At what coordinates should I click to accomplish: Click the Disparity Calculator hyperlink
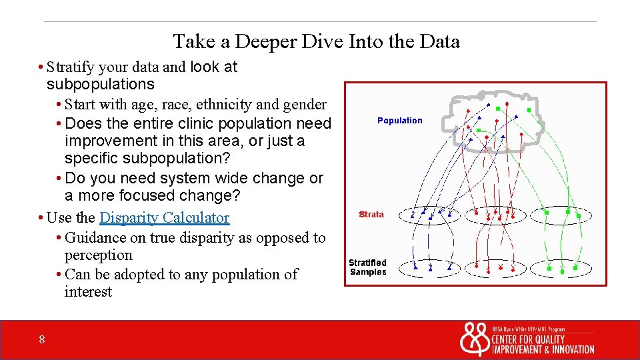164,218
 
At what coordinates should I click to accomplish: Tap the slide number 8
42,340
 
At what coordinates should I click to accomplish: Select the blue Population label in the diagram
399,121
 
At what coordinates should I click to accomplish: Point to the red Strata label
371,215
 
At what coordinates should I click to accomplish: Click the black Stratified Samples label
368,267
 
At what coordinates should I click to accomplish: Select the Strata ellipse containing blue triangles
433,215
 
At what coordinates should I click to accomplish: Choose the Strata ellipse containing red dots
496,215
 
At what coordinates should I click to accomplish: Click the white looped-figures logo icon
474,340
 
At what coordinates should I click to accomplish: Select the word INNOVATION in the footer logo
571,350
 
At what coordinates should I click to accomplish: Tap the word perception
99,255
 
